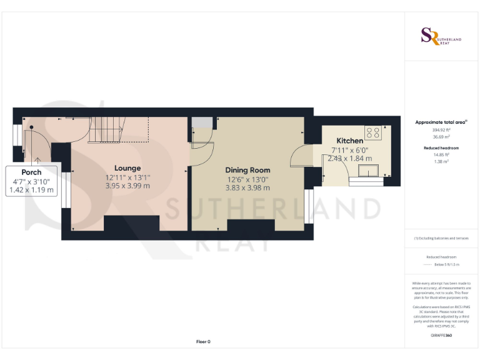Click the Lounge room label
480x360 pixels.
127,168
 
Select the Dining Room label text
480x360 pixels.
247,170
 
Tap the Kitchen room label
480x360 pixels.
349,141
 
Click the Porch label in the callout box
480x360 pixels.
31,172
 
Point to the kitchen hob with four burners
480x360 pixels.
373,132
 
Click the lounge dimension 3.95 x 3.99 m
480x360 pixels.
127,186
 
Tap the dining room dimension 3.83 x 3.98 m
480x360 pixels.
247,187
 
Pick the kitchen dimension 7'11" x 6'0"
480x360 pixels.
349,150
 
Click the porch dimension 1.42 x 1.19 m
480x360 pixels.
31,190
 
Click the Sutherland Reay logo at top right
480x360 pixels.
441,37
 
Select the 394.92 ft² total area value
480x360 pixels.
441,131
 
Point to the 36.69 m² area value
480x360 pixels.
441,137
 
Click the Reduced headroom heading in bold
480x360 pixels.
441,147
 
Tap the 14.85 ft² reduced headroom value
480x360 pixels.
441,154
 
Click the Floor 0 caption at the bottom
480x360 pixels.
203,342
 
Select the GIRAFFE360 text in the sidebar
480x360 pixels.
441,336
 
